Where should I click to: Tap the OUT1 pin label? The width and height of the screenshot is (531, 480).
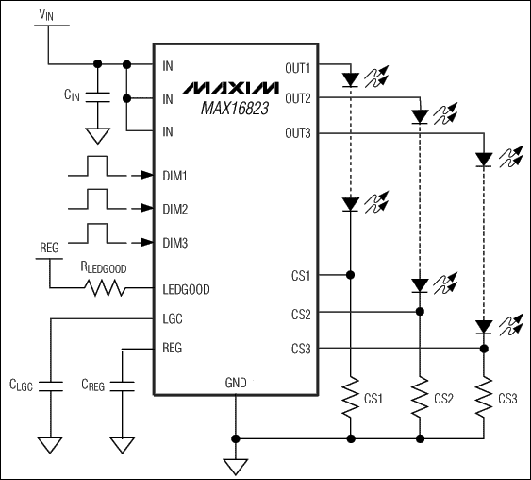pyautogui.click(x=298, y=67)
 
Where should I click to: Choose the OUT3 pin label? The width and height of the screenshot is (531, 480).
pyautogui.click(x=298, y=132)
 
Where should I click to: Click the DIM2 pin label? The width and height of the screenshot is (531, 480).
pyautogui.click(x=175, y=209)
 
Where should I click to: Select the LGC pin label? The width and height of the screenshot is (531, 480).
pyautogui.click(x=173, y=319)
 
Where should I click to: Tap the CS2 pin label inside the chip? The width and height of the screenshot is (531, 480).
pyautogui.click(x=302, y=313)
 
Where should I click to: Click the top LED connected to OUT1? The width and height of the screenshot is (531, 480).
pyautogui.click(x=350, y=79)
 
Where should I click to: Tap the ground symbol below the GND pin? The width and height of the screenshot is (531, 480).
pyautogui.click(x=235, y=464)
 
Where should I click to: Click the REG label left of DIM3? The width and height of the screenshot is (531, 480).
pyautogui.click(x=49, y=248)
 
